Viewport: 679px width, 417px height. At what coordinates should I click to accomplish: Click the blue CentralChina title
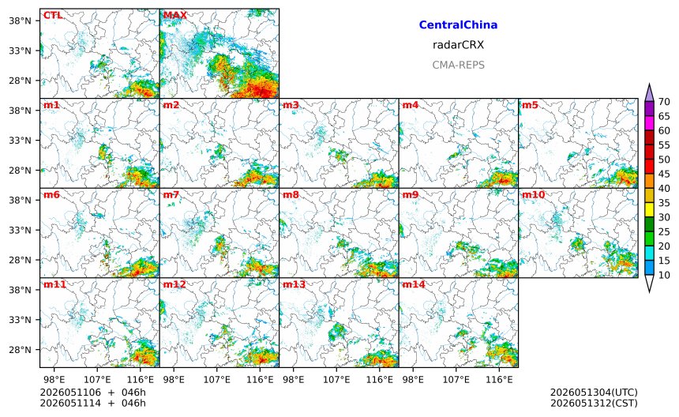pos(458,25)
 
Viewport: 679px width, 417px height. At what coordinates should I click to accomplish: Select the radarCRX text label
pos(458,45)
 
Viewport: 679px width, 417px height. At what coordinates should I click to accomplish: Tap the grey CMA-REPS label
pos(458,65)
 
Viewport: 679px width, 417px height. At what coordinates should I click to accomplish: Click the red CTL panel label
pos(53,15)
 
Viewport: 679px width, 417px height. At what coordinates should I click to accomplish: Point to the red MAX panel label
pos(175,15)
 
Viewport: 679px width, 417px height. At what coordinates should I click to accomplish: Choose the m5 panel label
pos(530,105)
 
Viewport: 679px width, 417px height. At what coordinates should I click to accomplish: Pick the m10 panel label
pos(533,194)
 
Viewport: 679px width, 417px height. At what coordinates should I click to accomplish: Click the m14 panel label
pos(414,284)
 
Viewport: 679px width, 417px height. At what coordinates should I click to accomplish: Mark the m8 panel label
pos(291,194)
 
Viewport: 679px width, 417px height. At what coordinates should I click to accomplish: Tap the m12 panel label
pos(174,284)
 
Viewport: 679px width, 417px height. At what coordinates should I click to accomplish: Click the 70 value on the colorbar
pos(664,102)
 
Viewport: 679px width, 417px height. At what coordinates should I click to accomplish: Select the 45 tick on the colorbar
pos(664,174)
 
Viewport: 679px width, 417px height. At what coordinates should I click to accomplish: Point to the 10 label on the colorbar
pos(664,275)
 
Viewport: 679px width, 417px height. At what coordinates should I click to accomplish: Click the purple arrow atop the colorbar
pos(649,93)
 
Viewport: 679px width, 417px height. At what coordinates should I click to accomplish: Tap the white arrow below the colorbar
pos(649,284)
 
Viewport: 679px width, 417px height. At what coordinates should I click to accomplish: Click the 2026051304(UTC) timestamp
pos(594,393)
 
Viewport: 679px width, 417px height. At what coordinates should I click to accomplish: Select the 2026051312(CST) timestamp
pos(594,403)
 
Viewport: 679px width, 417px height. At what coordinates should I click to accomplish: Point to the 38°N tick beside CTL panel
pos(21,21)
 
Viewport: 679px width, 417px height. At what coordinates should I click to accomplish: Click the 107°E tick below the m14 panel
pos(456,380)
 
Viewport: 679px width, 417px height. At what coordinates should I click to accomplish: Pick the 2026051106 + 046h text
pos(92,393)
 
